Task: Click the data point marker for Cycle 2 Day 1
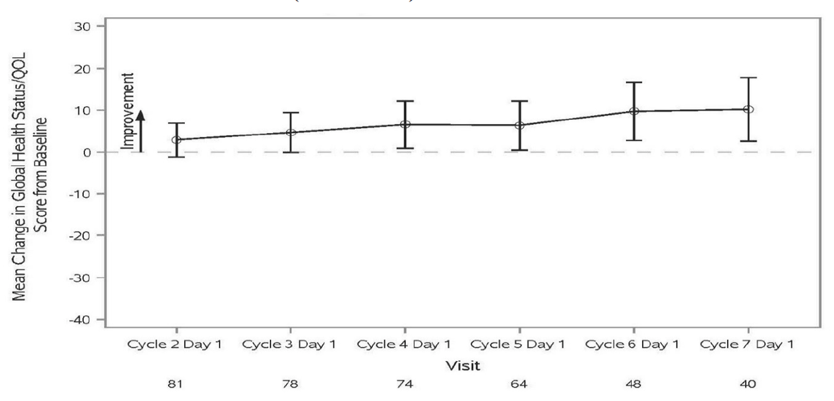tap(176, 140)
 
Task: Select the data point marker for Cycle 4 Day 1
tap(405, 124)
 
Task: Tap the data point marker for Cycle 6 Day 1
tap(634, 111)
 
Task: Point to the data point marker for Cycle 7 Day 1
tap(748, 110)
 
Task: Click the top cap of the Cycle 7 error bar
tap(748, 78)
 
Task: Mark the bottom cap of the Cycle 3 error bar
tap(291, 152)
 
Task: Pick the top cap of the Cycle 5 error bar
tap(519, 101)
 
